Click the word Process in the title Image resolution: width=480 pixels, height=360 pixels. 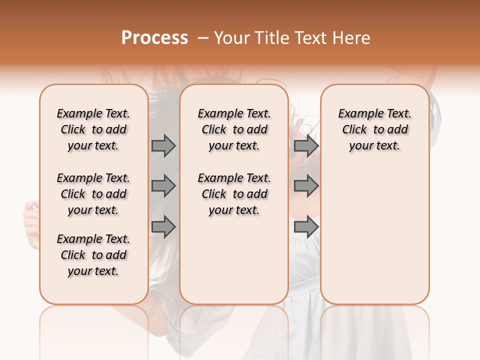[154, 38]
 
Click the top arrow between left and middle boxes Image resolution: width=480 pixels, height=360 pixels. [163, 145]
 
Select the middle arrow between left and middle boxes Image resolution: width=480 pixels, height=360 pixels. [163, 186]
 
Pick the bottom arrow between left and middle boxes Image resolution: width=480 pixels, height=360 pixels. [163, 226]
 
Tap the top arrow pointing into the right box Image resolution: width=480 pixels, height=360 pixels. [306, 145]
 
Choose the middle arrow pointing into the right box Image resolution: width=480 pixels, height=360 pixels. [306, 186]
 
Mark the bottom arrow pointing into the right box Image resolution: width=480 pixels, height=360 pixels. [306, 226]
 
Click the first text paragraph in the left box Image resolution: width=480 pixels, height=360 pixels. [93, 129]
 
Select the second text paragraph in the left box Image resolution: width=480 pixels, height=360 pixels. [93, 194]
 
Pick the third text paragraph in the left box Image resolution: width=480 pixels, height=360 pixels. [93, 255]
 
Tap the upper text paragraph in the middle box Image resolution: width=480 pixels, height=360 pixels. [234, 129]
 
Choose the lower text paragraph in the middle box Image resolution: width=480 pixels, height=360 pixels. [234, 194]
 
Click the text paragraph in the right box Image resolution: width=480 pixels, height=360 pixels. [374, 129]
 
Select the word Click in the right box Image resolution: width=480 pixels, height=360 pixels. [354, 130]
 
